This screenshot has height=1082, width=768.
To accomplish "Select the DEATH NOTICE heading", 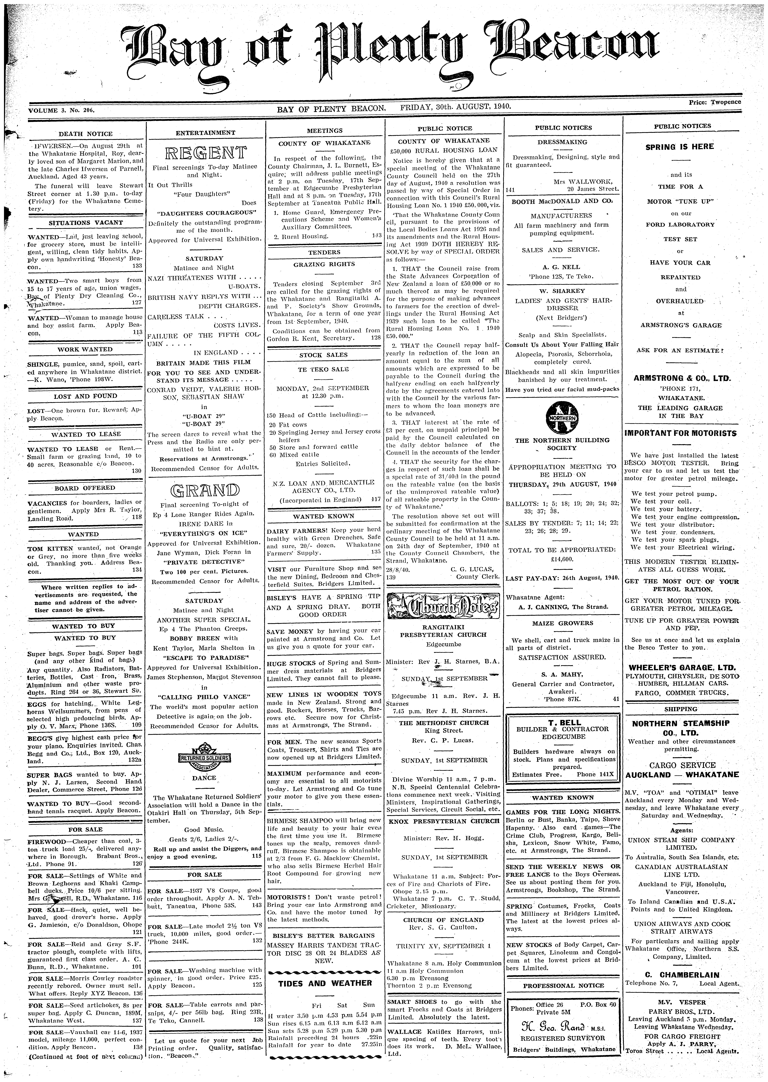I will tap(86, 134).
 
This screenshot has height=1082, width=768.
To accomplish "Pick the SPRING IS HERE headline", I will tap(680, 147).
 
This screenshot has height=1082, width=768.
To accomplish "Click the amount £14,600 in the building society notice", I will tap(561, 558).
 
